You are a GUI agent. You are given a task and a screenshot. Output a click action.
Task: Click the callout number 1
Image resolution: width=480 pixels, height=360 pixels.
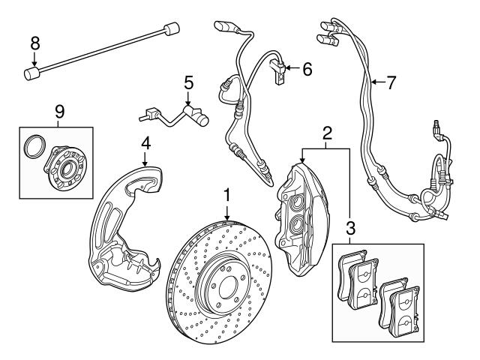(x=226, y=196)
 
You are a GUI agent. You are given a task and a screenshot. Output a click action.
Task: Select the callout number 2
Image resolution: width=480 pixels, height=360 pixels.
(x=326, y=134)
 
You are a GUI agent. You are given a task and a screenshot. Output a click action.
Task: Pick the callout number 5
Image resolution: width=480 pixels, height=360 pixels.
(x=188, y=82)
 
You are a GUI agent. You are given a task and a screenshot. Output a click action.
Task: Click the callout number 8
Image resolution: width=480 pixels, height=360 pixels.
(x=34, y=43)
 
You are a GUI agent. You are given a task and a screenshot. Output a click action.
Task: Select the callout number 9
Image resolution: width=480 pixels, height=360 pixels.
(x=60, y=112)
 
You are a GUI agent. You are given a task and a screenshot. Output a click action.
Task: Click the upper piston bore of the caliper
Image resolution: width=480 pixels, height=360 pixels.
(x=294, y=200)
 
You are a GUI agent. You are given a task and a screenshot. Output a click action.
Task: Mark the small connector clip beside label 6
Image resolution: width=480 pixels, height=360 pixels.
(x=280, y=73)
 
